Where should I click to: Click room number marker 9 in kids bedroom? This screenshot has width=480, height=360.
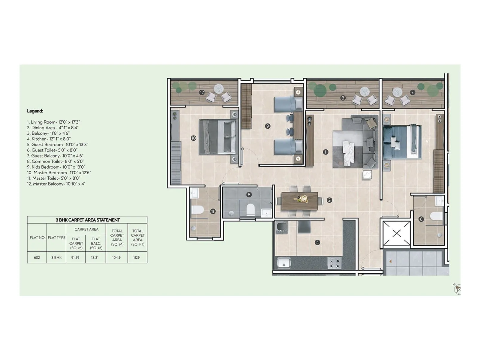(x=268, y=126)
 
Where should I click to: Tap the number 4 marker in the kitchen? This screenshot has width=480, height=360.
(x=317, y=242)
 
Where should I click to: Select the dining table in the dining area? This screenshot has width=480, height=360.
(x=300, y=201)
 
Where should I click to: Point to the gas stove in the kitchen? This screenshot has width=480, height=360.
(x=334, y=263)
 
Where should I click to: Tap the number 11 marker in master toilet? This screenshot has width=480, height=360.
(x=213, y=211)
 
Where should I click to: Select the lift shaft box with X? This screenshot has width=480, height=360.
(x=397, y=233)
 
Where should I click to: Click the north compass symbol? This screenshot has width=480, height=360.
(x=457, y=289)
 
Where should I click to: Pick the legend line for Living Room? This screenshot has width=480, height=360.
(x=53, y=122)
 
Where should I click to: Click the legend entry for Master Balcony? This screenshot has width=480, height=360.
(x=56, y=184)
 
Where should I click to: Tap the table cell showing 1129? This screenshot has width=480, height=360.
(x=136, y=257)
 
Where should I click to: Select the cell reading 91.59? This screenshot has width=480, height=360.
(x=75, y=257)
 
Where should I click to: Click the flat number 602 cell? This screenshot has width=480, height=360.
(x=37, y=257)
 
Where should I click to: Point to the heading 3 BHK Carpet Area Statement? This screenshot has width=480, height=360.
(x=88, y=220)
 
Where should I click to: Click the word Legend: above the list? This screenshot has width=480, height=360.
(x=35, y=111)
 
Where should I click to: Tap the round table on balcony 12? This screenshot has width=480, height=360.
(x=219, y=89)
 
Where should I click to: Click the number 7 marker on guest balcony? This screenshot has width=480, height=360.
(x=412, y=92)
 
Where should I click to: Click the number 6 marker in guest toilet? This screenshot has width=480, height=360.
(x=421, y=219)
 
